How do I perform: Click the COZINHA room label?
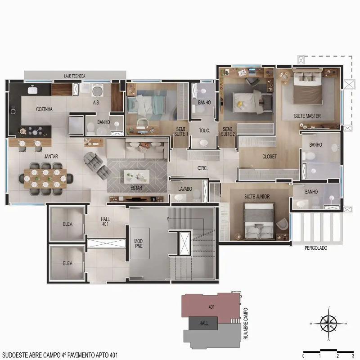[x=44, y=109]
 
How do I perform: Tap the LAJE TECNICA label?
[x=75, y=76]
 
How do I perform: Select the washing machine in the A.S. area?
[x=98, y=90]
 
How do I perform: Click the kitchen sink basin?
[x=33, y=90]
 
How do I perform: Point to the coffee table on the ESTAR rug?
[x=137, y=176]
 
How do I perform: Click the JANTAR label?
[x=51, y=156]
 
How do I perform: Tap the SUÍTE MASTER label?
[x=307, y=116]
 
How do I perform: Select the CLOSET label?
[x=270, y=157]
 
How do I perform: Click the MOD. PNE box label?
[x=139, y=243]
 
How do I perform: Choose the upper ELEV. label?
[x=68, y=224]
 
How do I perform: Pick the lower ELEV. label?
[x=68, y=263]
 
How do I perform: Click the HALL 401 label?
[x=105, y=221]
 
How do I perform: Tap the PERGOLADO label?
[x=316, y=248]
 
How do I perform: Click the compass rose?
[x=329, y=324]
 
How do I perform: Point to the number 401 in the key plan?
[x=211, y=307]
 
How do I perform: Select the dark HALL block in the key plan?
[x=203, y=323]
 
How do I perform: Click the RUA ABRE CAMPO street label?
[x=246, y=324]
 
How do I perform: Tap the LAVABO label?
[x=185, y=189]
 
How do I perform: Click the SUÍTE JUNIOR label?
[x=257, y=197]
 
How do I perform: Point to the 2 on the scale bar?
[x=337, y=356]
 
